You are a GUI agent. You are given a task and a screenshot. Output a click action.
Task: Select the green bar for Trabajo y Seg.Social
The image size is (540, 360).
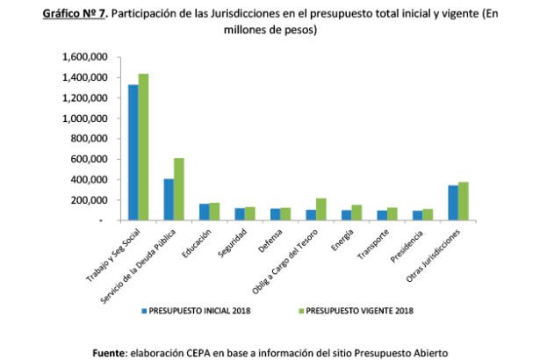143,148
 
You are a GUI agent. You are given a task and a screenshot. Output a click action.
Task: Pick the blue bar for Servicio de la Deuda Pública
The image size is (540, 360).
168,199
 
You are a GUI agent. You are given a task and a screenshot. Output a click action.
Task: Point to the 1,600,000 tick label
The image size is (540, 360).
85,57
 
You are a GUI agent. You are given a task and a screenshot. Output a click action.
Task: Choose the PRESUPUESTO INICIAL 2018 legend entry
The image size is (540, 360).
198,310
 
